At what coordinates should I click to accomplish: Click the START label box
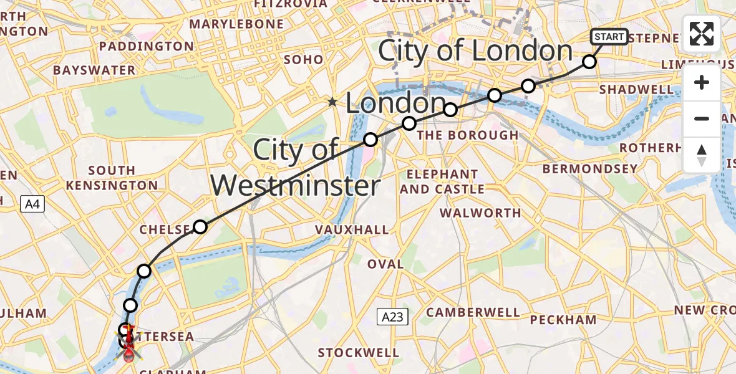[x=609, y=37]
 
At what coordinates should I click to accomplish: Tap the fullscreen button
[x=702, y=34]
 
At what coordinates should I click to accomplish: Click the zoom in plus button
[x=702, y=83]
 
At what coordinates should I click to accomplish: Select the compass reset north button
[x=702, y=155]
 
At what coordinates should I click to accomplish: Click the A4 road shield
[x=32, y=203]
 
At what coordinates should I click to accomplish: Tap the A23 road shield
[x=392, y=317]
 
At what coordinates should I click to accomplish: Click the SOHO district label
[x=303, y=60]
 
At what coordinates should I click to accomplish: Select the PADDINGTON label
[x=146, y=47]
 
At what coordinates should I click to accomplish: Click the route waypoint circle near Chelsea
[x=200, y=226]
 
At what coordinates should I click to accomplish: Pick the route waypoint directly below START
[x=589, y=61]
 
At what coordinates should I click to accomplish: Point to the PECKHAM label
[x=563, y=320]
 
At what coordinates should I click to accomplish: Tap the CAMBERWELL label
[x=473, y=312]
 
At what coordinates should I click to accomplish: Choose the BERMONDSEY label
[x=590, y=169]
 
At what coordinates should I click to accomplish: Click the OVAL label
[x=385, y=264]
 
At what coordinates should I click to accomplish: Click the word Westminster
[x=294, y=186]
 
